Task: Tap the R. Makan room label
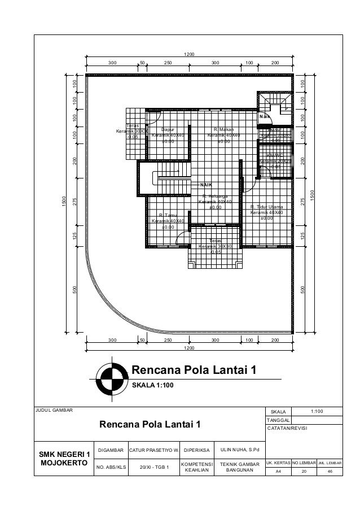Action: point(223,129)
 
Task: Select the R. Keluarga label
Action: point(213,197)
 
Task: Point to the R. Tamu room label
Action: point(168,215)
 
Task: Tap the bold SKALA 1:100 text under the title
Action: point(153,385)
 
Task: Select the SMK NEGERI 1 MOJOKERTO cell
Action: point(64,459)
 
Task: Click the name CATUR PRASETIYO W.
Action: point(154,450)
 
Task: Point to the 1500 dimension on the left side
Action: point(64,200)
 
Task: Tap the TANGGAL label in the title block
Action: point(280,420)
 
